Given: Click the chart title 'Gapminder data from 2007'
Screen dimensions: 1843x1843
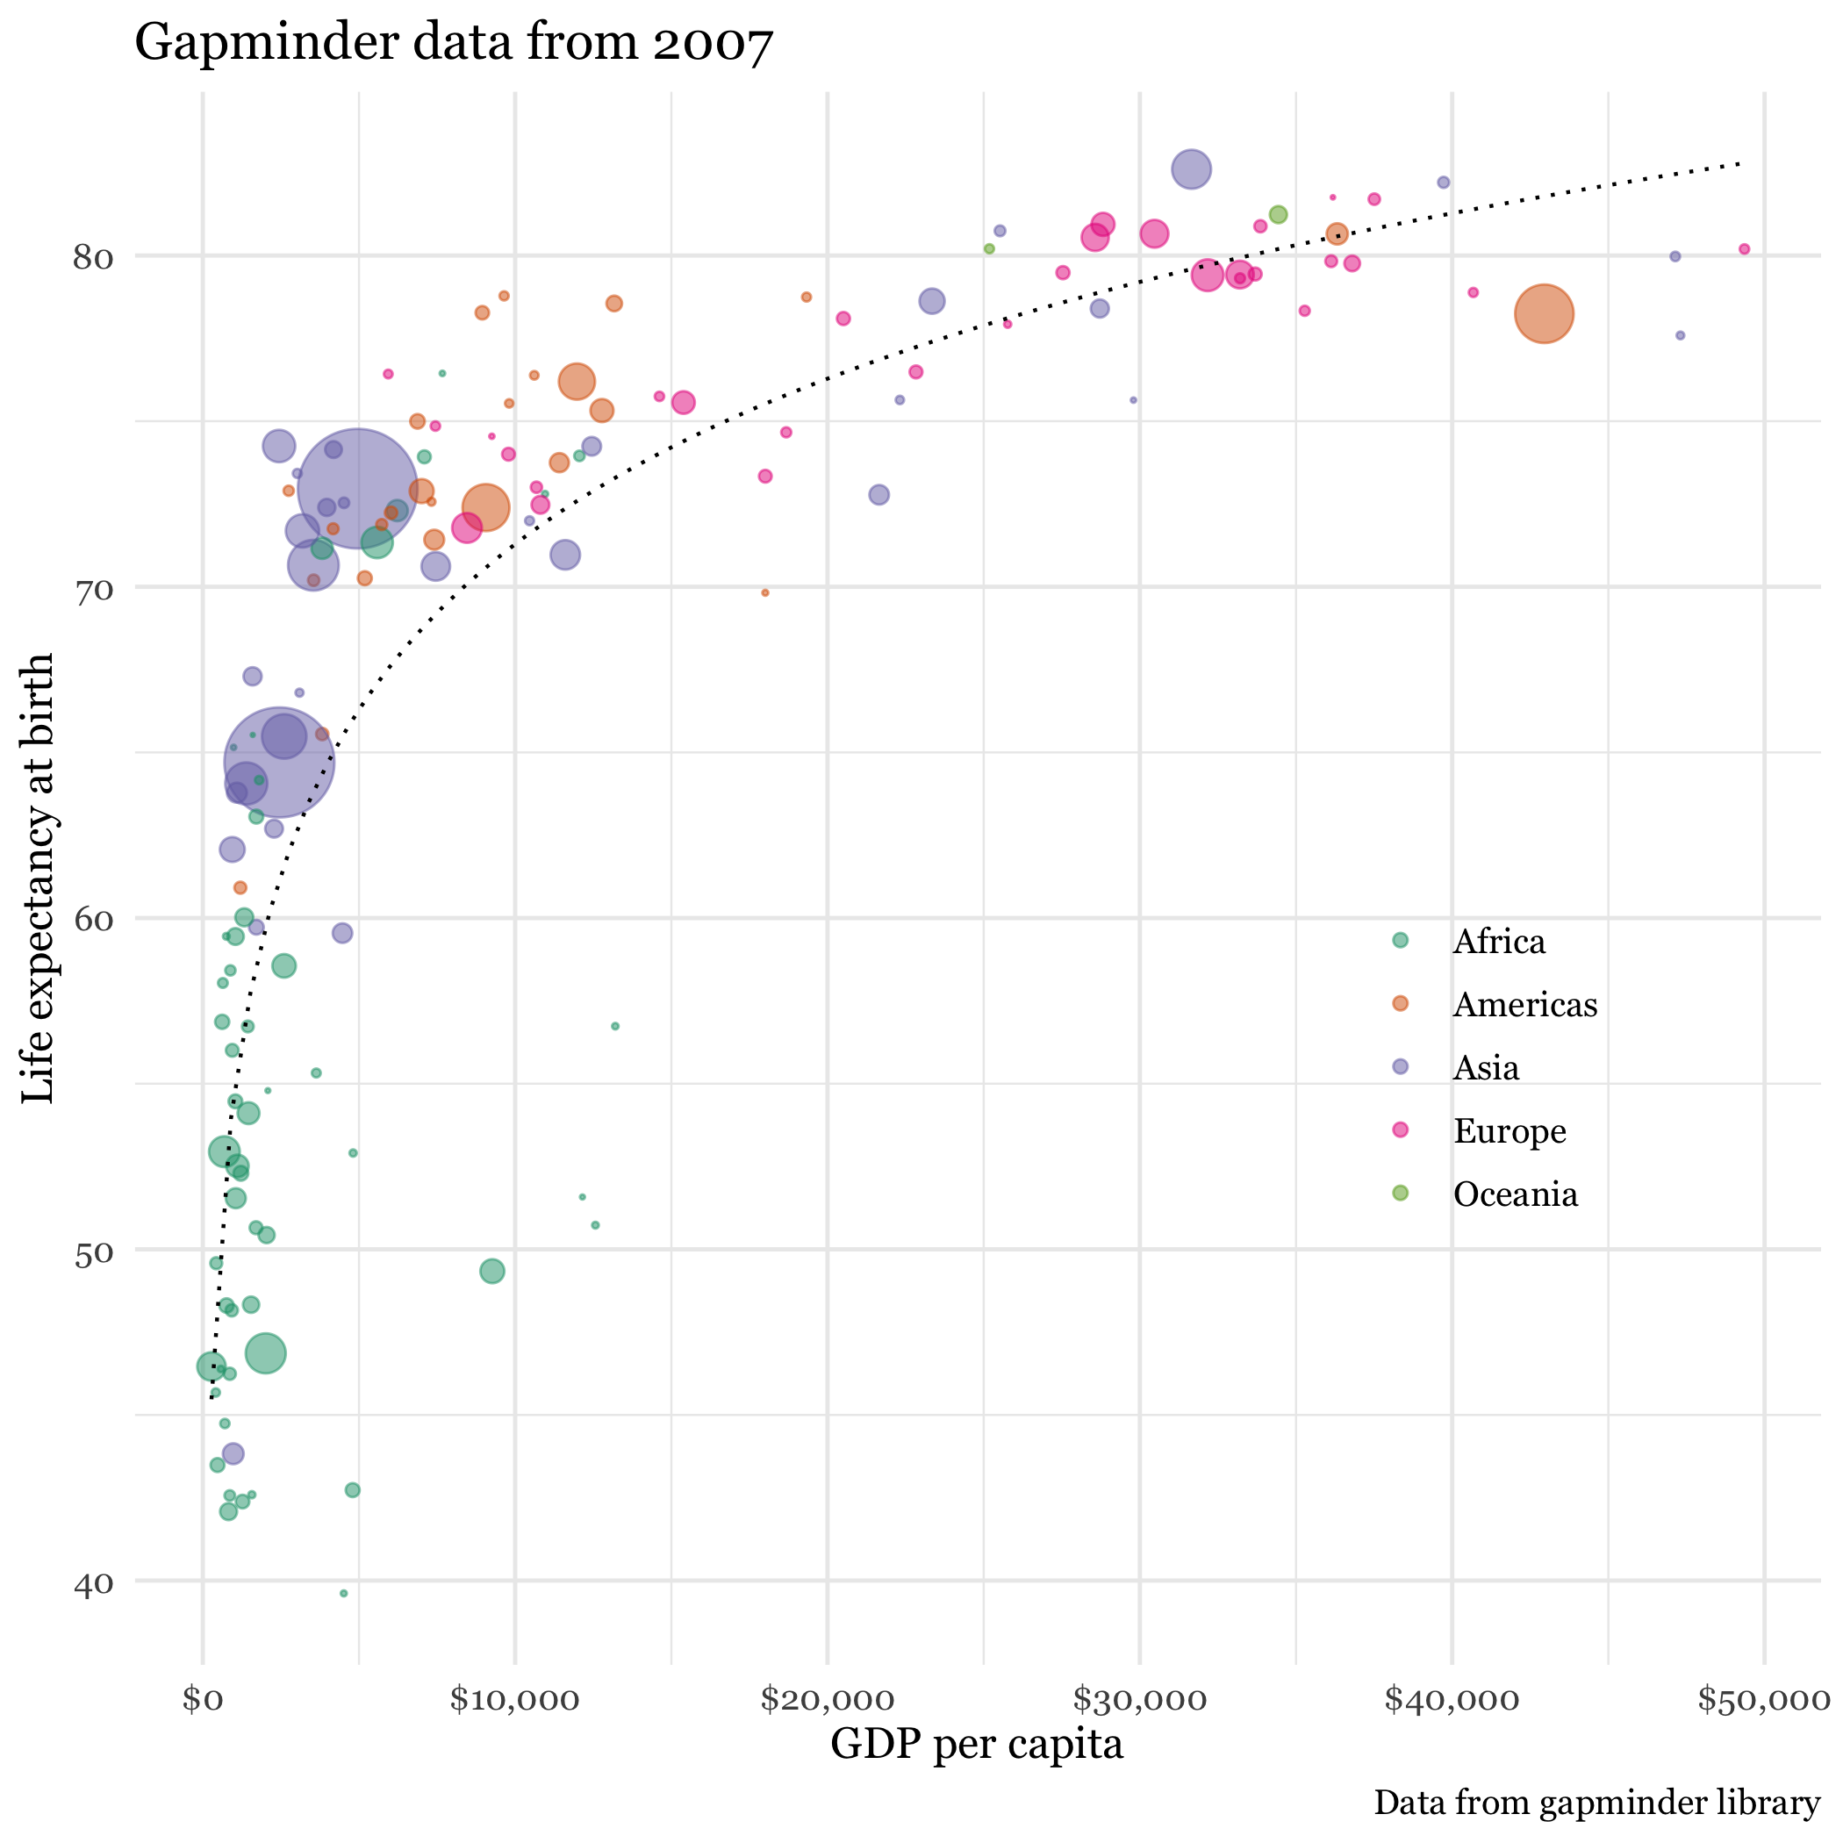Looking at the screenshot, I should click(x=453, y=43).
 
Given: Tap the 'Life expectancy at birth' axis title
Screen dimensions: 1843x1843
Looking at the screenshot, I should click(x=38, y=878).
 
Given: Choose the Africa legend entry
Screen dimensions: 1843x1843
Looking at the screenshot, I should click(x=1498, y=942).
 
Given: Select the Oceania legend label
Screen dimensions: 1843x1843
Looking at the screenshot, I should click(x=1515, y=1194).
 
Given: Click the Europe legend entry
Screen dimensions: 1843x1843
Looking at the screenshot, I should click(x=1510, y=1131).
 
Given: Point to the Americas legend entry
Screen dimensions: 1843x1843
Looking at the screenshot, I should click(x=1524, y=1005).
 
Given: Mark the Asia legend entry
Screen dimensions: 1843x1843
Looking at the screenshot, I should click(x=1485, y=1067).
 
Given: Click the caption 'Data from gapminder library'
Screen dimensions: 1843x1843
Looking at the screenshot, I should click(x=1596, y=1803).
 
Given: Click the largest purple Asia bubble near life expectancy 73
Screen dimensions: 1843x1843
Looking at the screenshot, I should click(x=358, y=490).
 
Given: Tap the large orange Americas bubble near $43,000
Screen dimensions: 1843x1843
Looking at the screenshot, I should click(x=1544, y=314).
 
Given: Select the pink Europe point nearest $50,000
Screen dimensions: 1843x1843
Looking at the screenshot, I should click(x=1744, y=249).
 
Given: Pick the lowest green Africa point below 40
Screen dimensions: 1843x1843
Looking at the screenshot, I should click(x=343, y=1594).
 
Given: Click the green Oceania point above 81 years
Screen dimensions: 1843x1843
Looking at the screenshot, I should click(x=1279, y=215).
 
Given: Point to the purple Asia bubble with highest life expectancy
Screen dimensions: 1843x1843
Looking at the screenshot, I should click(x=1191, y=169).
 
